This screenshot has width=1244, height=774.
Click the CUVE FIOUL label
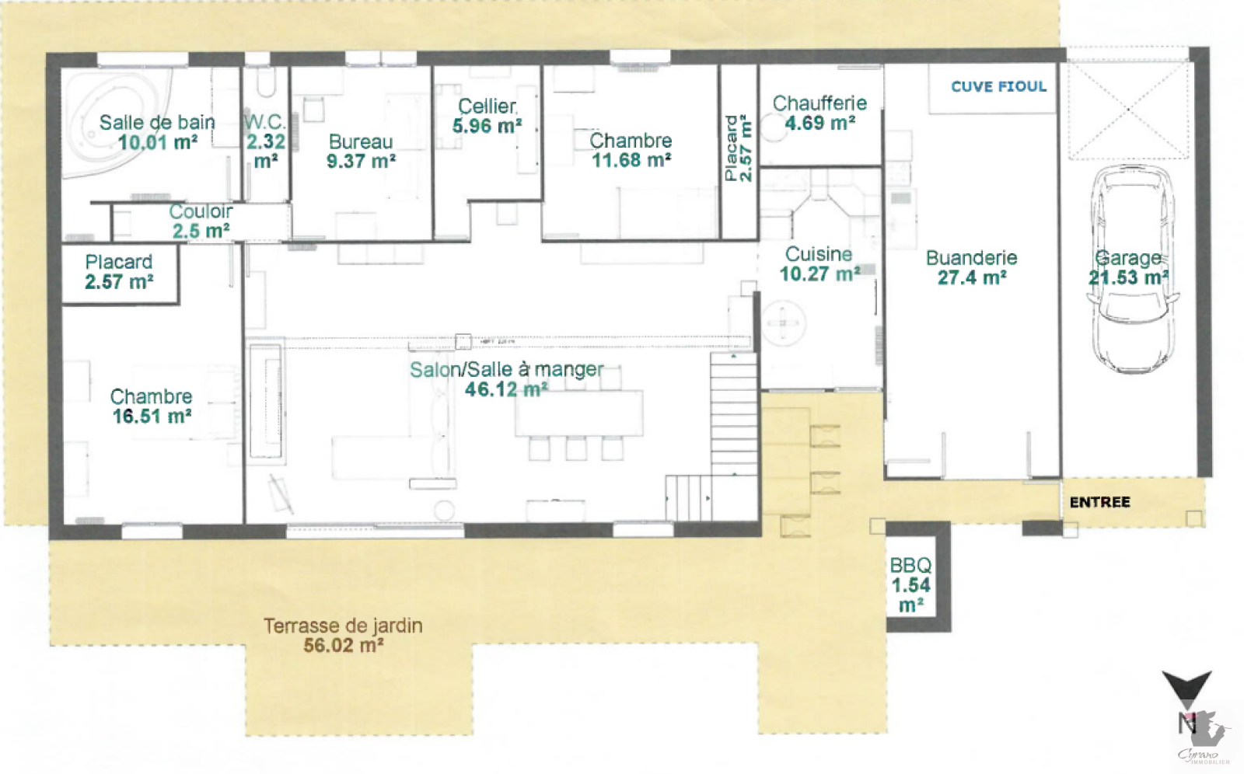point(998,86)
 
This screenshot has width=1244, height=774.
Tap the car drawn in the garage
point(1132,270)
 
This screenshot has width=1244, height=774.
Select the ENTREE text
point(1099,503)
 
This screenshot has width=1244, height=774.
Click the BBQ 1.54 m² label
point(910,585)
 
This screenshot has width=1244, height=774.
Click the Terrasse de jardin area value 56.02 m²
point(343,646)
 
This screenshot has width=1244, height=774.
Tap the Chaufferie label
point(819,103)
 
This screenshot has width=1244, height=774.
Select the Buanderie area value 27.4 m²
point(972,277)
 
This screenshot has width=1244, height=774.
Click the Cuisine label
point(819,254)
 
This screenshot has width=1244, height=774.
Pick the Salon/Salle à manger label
point(506,370)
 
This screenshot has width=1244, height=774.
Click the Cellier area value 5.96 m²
point(487,127)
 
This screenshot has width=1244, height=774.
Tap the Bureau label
point(361,141)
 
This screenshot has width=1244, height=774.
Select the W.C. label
point(265,122)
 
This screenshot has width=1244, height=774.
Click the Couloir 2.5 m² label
point(201,221)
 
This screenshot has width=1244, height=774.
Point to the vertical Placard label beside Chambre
point(738,148)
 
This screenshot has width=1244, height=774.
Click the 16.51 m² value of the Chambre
point(152,417)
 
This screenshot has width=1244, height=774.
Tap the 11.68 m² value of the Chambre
point(631,160)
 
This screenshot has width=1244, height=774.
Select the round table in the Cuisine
point(782,323)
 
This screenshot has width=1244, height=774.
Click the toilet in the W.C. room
point(267,82)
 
